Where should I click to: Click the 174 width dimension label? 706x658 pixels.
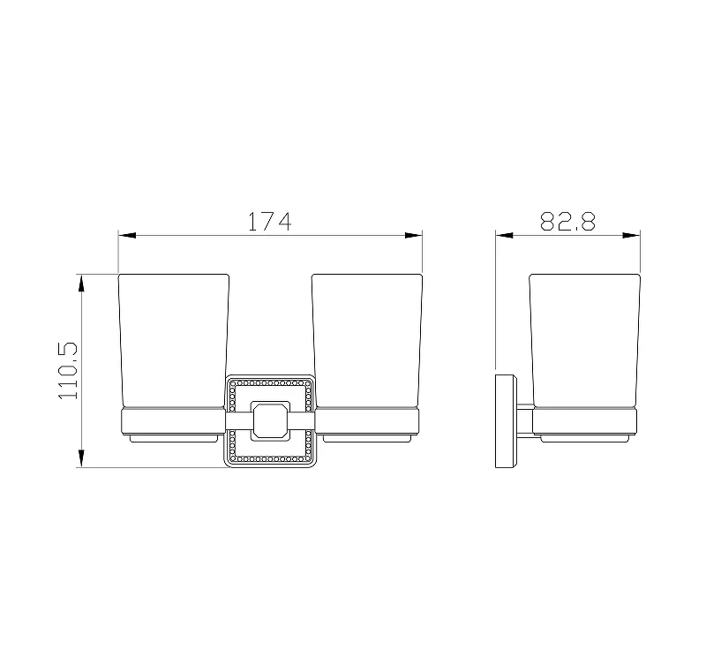(x=270, y=221)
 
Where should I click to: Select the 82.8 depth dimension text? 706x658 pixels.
(x=567, y=221)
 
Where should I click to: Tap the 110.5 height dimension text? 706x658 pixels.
(x=69, y=370)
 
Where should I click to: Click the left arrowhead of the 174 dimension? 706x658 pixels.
(x=127, y=235)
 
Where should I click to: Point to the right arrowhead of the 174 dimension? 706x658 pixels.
(x=413, y=235)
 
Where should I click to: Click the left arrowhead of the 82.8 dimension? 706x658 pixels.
(x=504, y=235)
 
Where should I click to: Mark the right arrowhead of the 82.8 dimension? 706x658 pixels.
(x=631, y=235)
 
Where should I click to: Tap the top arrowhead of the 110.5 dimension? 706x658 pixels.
(x=81, y=283)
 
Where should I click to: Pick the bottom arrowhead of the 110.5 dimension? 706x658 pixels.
(x=81, y=458)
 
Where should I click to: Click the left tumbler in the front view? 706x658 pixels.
(x=174, y=342)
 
